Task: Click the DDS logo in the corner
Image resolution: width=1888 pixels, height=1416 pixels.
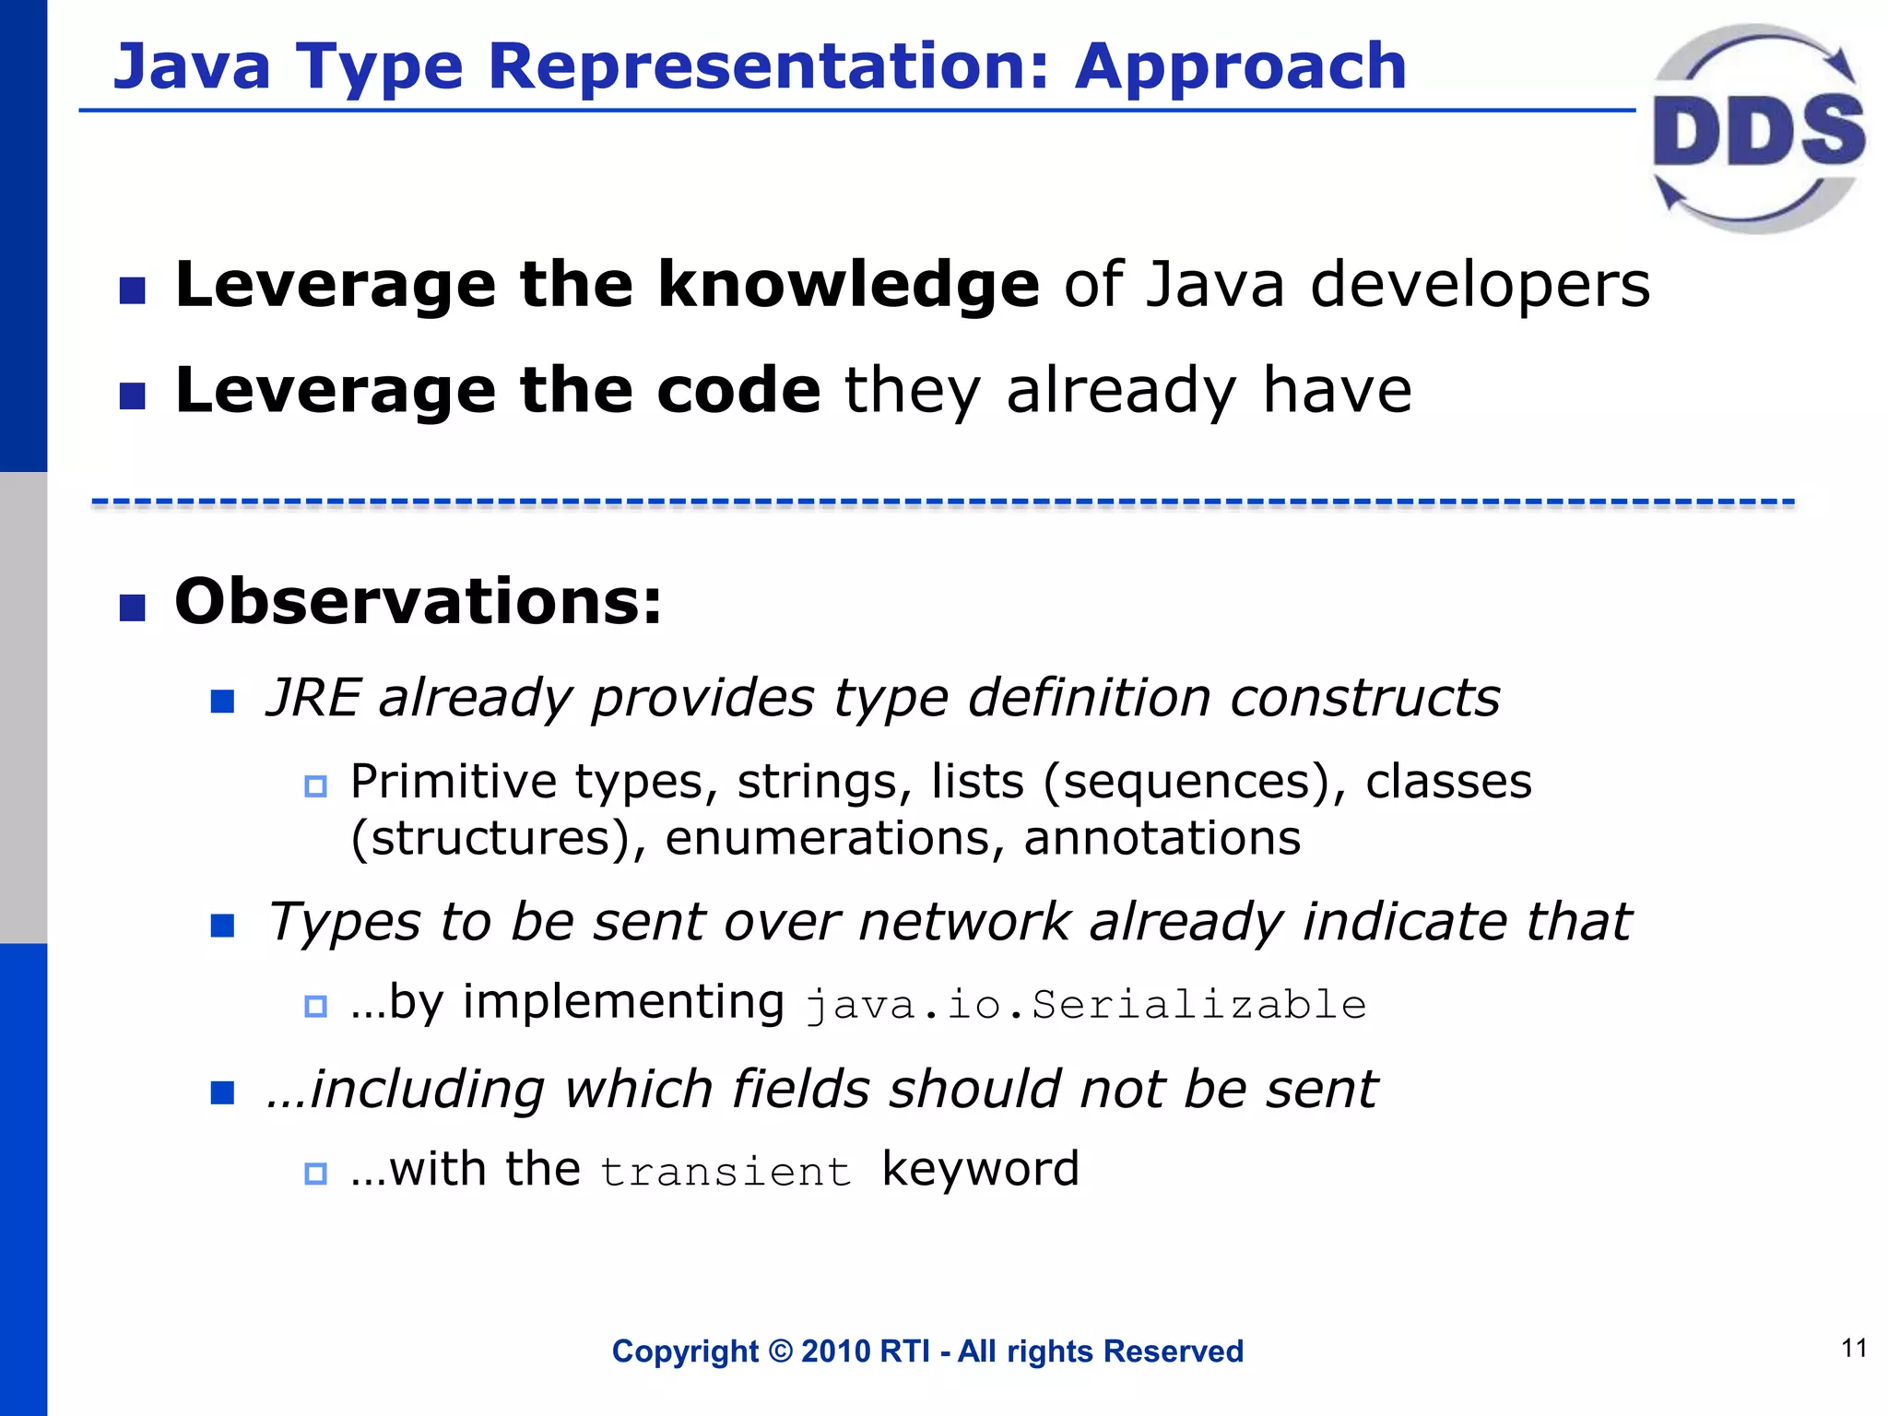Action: point(1757,129)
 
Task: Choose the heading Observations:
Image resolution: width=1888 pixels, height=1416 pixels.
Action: point(418,601)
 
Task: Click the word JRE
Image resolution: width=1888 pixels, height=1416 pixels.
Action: point(313,697)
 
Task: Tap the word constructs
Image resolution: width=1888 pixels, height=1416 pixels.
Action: point(1364,697)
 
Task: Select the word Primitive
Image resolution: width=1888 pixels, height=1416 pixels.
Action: point(453,782)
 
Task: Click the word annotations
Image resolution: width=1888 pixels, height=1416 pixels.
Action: point(1162,838)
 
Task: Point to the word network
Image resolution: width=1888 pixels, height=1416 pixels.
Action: point(964,921)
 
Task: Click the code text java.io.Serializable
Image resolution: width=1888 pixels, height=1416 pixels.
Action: point(1086,1005)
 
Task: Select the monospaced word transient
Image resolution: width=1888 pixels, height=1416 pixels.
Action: point(726,1172)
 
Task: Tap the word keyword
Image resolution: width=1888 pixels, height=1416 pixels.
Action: point(980,1170)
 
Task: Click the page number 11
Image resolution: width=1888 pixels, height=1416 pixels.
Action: point(1854,1349)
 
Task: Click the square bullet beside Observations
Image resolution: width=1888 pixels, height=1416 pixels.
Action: point(133,608)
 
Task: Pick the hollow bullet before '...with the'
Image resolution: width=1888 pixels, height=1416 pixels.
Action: point(315,1174)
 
